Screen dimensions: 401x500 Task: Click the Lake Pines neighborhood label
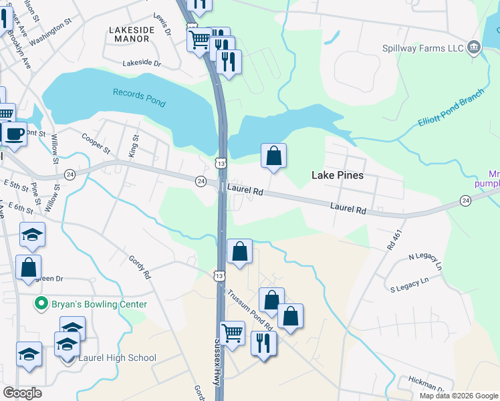338,175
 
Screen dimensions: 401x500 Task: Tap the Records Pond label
139,97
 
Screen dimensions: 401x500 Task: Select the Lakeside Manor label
131,34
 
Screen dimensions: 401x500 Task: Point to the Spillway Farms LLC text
422,48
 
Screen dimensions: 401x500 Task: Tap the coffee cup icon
14,133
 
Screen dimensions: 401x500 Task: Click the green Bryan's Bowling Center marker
41,304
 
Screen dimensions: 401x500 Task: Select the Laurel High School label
117,358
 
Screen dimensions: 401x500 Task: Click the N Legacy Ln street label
425,260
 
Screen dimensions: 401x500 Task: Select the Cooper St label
96,142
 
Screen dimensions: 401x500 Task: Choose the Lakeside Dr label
142,63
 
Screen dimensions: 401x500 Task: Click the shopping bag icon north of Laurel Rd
273,156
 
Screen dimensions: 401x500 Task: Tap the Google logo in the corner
22,393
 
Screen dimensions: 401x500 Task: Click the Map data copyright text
458,396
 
